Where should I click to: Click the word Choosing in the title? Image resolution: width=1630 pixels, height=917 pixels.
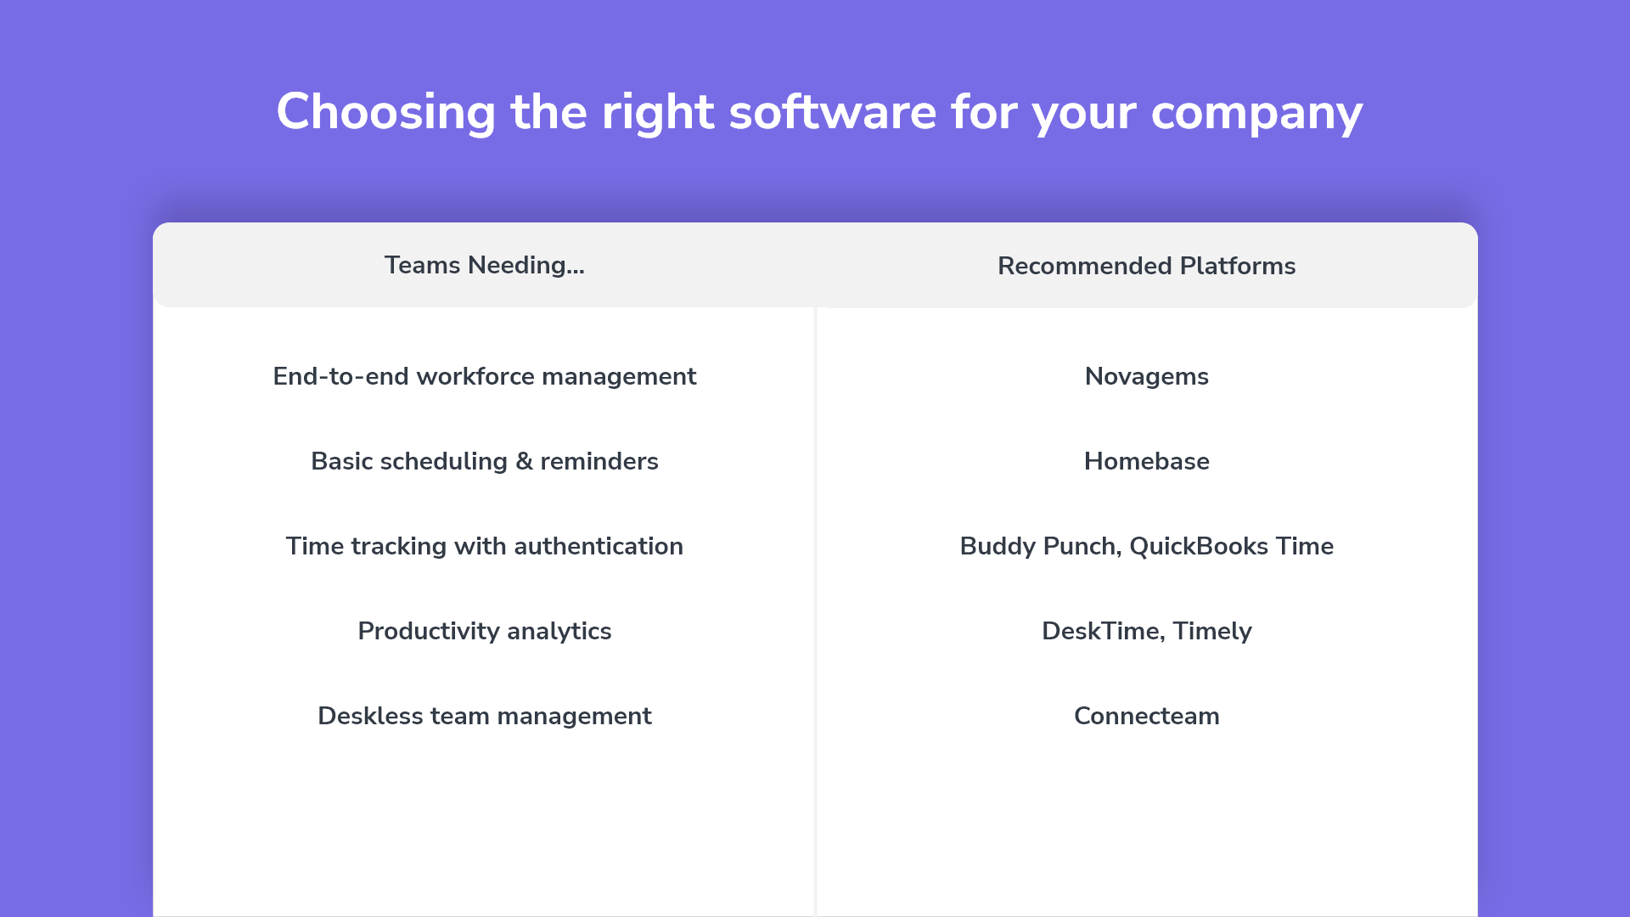(386, 112)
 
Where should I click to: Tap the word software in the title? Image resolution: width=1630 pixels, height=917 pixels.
(833, 111)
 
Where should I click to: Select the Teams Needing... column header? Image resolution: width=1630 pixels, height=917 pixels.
(485, 265)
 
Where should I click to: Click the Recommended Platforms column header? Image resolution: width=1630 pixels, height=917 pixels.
(1147, 266)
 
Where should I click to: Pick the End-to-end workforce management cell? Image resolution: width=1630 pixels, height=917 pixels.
(485, 376)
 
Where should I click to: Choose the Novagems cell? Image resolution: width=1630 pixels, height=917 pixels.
(1147, 376)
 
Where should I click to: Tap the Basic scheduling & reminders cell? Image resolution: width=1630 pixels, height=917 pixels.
(485, 461)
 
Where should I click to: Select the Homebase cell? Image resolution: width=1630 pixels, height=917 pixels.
(1147, 461)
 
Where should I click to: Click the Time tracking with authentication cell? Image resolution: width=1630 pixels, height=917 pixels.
(485, 546)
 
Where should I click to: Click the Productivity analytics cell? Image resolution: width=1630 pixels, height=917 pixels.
(485, 631)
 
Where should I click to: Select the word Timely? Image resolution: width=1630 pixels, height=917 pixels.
(1212, 631)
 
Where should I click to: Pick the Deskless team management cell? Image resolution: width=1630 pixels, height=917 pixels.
(485, 716)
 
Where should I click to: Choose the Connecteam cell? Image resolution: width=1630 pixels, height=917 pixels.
(1147, 716)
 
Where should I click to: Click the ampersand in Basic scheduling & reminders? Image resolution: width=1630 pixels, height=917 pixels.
(524, 461)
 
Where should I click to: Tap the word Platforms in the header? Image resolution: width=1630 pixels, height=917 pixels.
(1238, 266)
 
